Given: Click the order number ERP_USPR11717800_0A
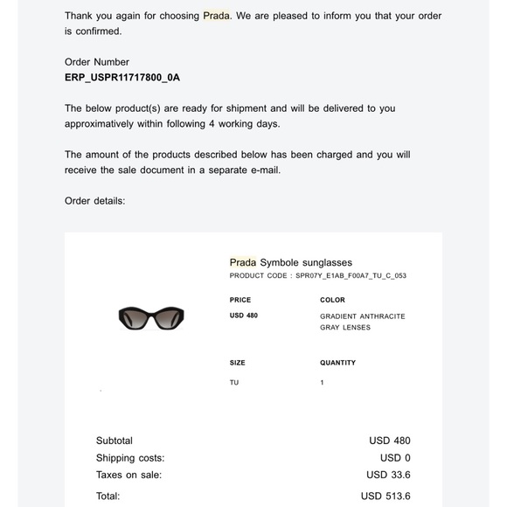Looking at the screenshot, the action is tap(122, 77).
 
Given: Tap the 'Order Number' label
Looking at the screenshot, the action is tap(97, 62).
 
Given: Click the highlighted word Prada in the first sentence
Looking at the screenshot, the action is tap(217, 17).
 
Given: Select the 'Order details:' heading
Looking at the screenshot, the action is tap(95, 201).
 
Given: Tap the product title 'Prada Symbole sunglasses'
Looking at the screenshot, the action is tap(290, 261).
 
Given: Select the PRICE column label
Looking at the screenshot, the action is tap(240, 300).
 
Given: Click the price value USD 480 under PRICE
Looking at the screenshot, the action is tap(244, 316).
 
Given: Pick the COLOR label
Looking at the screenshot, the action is tap(333, 300).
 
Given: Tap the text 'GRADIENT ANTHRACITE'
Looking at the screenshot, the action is tap(363, 316).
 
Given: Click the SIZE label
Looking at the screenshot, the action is tap(238, 363).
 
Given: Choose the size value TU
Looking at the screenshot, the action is tap(234, 382).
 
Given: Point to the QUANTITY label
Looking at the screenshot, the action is tap(338, 363).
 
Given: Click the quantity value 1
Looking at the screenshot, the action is tap(323, 382).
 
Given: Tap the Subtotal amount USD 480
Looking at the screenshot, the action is tap(389, 441).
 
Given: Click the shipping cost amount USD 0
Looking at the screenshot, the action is tap(395, 458).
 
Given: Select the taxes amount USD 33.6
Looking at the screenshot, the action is tap(388, 476).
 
